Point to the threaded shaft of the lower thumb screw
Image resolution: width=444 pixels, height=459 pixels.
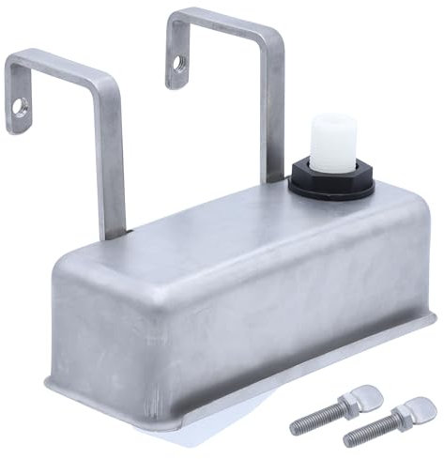click(371, 433)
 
